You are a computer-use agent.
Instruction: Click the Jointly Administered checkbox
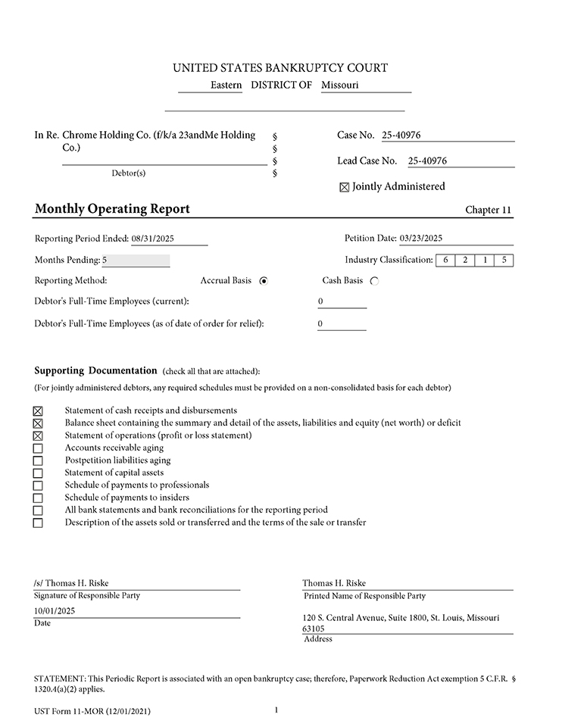(345, 187)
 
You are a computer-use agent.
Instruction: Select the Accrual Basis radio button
(264, 281)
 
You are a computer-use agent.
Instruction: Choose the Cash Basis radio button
(374, 281)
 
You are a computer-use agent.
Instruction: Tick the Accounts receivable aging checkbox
(38, 448)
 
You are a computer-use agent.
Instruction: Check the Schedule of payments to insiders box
(38, 498)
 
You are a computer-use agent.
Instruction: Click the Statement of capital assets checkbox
(38, 473)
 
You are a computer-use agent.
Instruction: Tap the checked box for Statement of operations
(38, 436)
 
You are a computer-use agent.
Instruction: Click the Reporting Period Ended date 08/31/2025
(153, 239)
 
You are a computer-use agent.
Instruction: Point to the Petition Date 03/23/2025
(420, 238)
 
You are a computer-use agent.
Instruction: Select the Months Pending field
(136, 261)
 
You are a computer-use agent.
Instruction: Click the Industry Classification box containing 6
(445, 261)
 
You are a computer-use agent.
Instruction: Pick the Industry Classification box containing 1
(485, 261)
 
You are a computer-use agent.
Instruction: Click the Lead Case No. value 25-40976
(427, 161)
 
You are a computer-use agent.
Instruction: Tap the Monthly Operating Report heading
(112, 209)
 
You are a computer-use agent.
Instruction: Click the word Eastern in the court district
(226, 86)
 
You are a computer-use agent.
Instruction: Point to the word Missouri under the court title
(339, 86)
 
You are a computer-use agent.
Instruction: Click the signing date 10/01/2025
(55, 610)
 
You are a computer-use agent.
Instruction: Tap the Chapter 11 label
(489, 210)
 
